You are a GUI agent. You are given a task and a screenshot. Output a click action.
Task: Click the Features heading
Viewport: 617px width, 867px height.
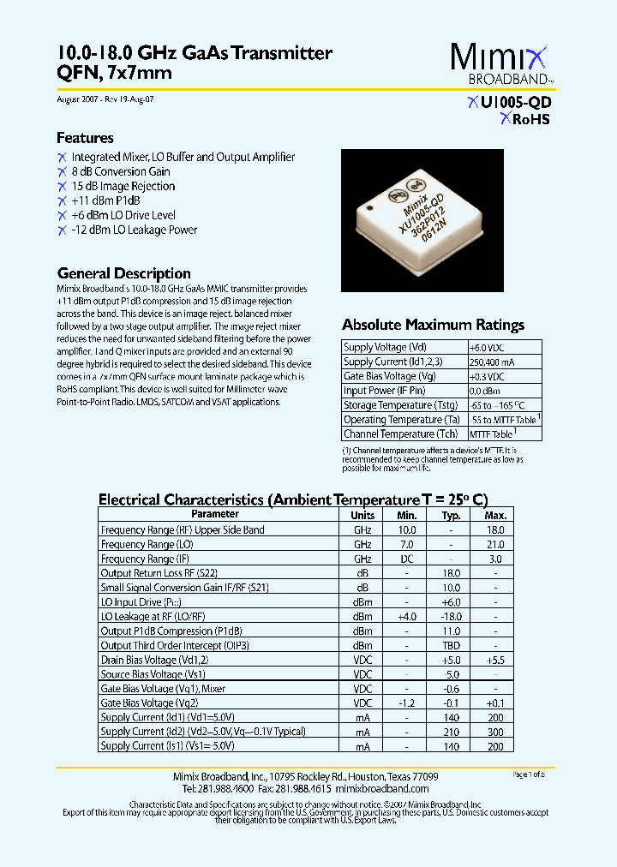pos(85,138)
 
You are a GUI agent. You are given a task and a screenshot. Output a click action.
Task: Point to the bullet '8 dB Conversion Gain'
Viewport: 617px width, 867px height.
pos(120,171)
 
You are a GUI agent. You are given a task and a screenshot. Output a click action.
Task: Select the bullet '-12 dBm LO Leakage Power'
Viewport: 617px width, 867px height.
pos(134,230)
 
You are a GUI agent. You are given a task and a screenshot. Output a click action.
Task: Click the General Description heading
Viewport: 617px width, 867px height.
pos(123,273)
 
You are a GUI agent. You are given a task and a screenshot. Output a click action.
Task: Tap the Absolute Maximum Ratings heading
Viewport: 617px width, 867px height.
pos(433,325)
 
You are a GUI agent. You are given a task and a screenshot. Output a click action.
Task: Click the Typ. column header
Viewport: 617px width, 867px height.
pos(451,516)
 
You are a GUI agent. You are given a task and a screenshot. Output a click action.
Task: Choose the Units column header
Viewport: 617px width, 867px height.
pos(362,516)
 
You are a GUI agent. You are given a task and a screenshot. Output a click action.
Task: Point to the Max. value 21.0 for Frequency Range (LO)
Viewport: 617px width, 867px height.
pos(495,545)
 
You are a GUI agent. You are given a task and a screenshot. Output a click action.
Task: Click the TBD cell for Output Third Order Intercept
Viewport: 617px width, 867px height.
pos(451,646)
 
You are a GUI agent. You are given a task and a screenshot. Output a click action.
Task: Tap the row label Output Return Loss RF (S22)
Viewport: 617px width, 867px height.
pos(159,573)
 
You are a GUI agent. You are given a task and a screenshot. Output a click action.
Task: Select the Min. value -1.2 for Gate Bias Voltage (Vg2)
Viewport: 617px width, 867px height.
pos(406,703)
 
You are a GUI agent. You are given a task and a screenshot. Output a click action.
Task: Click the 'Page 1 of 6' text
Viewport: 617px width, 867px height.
pos(528,774)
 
